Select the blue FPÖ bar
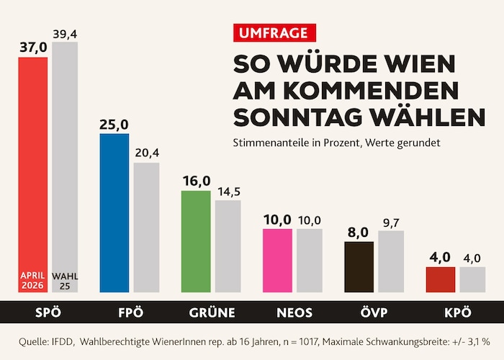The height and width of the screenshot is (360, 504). (x=114, y=212)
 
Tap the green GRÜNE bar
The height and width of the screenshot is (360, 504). (x=196, y=241)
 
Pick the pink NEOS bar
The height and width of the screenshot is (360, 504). (x=277, y=260)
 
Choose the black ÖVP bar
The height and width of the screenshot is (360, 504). (x=359, y=266)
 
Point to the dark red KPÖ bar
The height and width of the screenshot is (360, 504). (x=441, y=279)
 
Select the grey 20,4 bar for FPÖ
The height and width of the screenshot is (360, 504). (x=147, y=227)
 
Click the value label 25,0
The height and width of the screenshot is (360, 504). (x=114, y=125)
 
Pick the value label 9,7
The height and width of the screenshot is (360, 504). (x=391, y=222)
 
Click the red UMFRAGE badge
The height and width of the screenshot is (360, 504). (x=275, y=32)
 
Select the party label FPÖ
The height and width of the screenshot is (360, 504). (x=130, y=312)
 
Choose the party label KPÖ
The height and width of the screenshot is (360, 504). (x=456, y=312)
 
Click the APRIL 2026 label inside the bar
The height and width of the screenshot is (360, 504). (x=32, y=279)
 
